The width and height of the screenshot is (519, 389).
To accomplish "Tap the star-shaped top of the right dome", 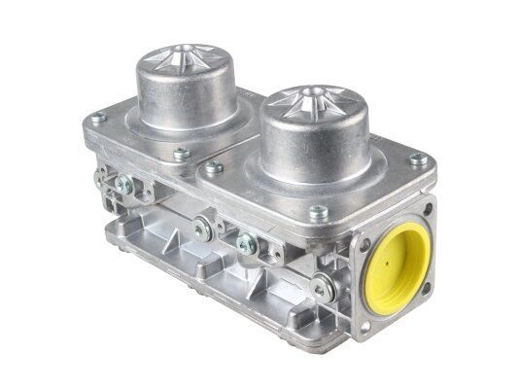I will point(315,98).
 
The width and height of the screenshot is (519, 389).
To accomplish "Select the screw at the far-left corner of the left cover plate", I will point(97,119).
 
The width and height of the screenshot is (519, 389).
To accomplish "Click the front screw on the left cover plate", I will point(180,153).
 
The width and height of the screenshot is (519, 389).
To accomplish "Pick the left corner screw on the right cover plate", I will point(213,167).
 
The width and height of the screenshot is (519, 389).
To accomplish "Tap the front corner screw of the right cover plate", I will point(317,211).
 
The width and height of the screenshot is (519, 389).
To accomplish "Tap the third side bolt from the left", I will point(247,244).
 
